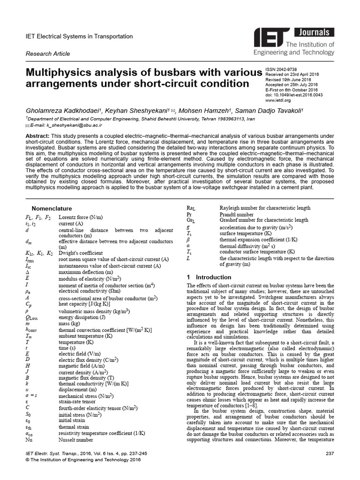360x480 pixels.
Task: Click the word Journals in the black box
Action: click(x=315, y=32)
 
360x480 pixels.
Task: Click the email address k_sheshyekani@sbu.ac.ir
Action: click(x=66, y=126)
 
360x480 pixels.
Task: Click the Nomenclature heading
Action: click(x=52, y=208)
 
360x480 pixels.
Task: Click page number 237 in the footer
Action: click(x=330, y=453)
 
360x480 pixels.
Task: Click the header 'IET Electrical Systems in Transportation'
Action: click(x=79, y=37)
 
